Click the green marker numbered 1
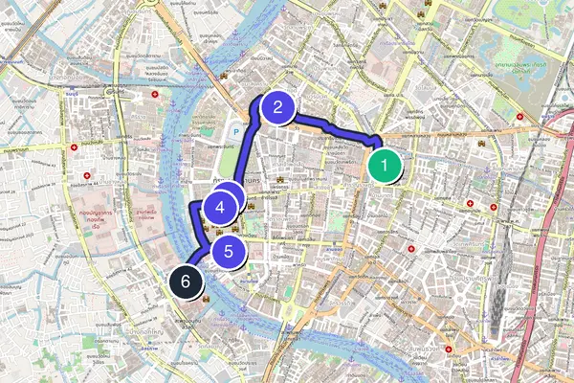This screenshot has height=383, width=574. (x=384, y=168)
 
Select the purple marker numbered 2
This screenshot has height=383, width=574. (x=276, y=107)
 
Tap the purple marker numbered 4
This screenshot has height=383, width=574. (x=220, y=206)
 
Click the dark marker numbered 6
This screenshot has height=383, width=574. (x=186, y=282)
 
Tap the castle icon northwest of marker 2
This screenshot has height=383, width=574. (x=224, y=76)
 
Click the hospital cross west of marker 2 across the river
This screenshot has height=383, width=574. (x=156, y=96)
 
